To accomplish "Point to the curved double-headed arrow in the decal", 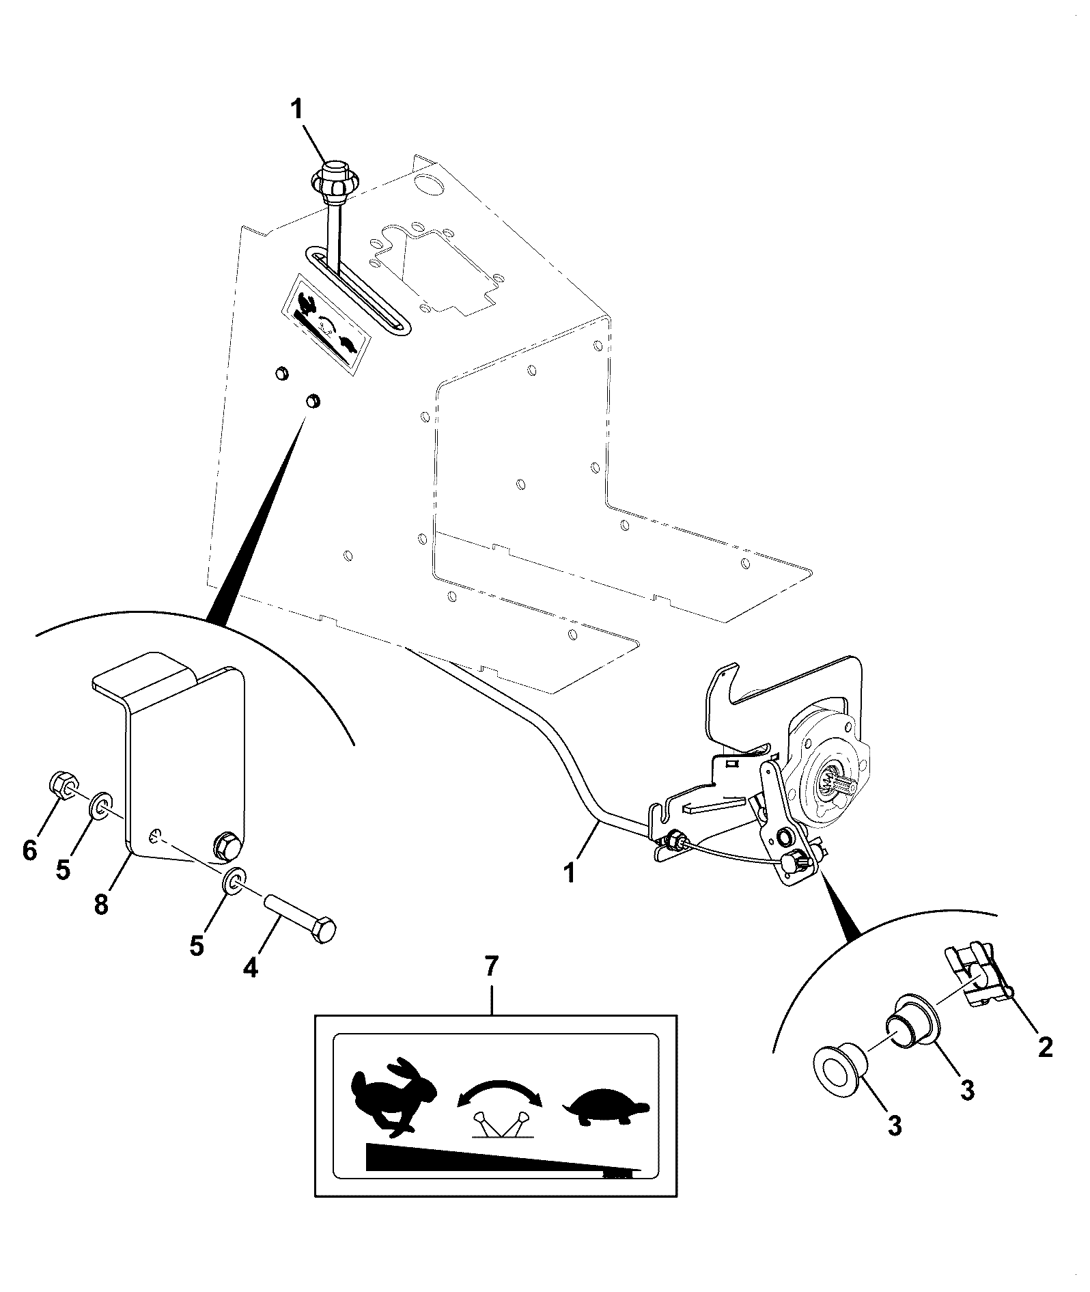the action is pos(499,1086).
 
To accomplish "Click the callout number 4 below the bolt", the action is pos(251,967).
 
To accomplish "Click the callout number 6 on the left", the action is pos(29,851).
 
